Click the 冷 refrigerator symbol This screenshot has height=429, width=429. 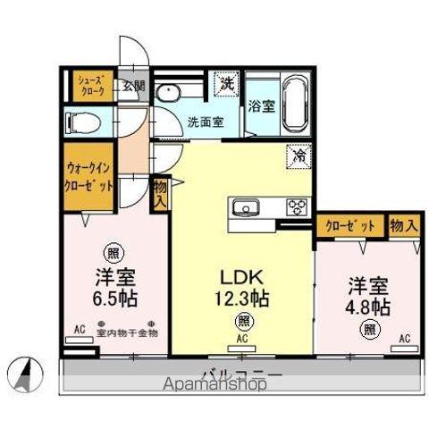click(297, 155)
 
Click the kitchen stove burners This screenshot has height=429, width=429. click(296, 208)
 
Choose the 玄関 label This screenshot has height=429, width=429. click(133, 86)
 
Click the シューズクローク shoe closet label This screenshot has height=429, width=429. click(90, 87)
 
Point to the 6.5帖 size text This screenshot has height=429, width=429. click(114, 296)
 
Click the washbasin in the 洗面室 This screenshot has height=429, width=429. click(168, 93)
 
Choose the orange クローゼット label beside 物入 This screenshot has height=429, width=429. click(349, 225)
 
